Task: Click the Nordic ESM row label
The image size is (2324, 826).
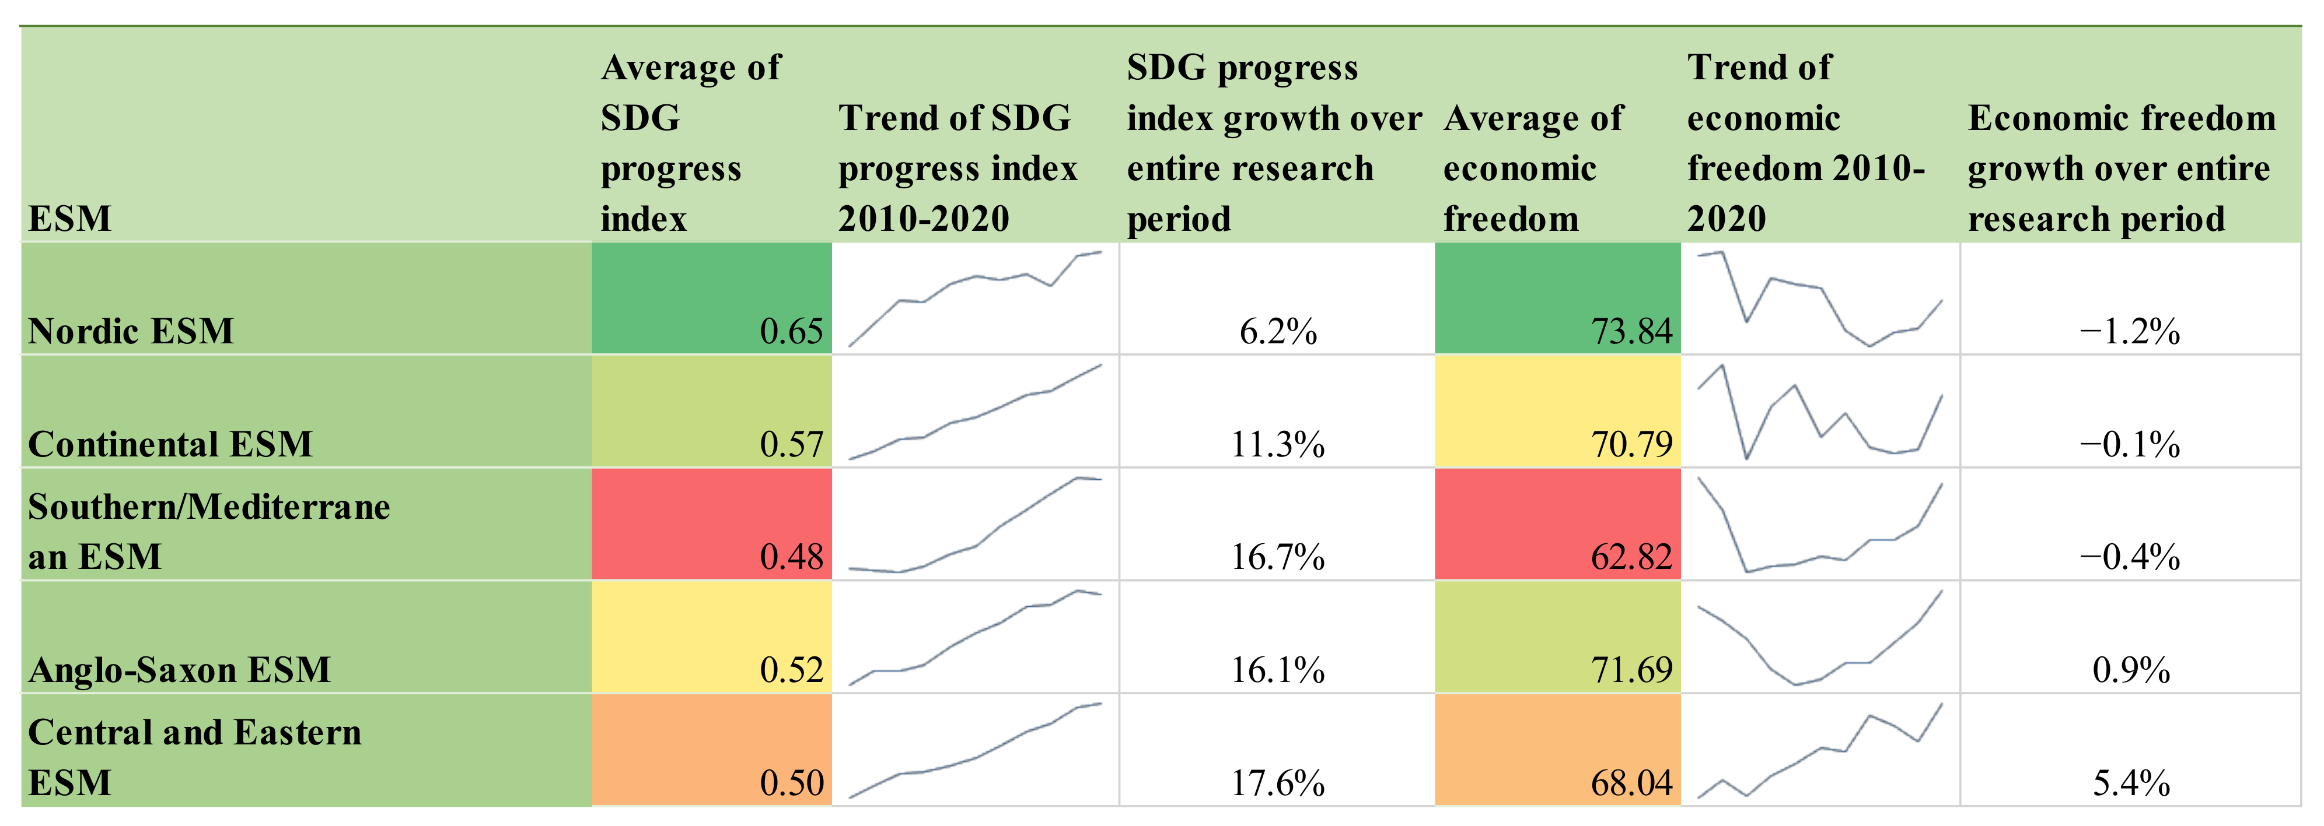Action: coord(131,331)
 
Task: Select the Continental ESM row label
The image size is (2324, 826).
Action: coord(170,444)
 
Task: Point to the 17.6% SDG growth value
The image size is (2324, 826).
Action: coord(1277,782)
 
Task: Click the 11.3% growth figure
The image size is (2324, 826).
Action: coord(1277,444)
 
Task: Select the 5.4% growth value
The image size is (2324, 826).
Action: coord(2131,782)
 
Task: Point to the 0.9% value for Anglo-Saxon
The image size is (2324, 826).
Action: coord(2131,669)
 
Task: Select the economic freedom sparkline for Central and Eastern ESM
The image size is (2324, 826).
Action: coord(1820,750)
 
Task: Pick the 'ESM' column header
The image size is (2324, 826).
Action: coord(69,218)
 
